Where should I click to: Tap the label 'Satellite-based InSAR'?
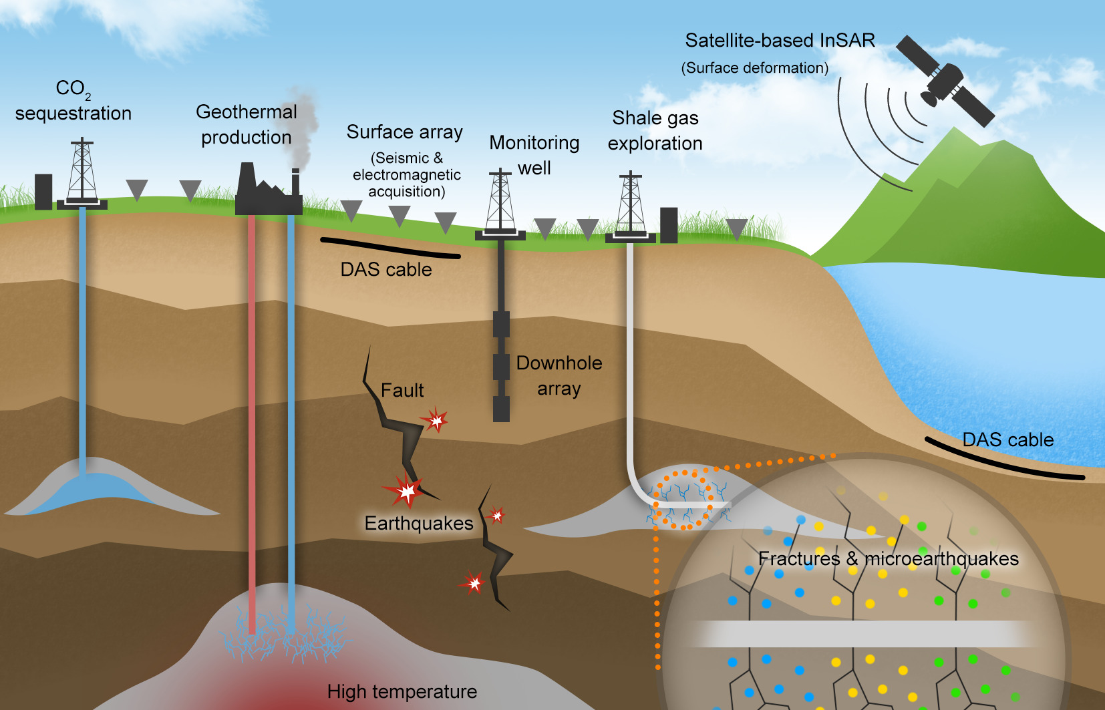(x=780, y=41)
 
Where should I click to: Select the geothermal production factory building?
(x=267, y=194)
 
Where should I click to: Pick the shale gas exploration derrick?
(x=630, y=204)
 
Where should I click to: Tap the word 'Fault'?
(x=402, y=390)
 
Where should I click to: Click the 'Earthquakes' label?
(x=419, y=523)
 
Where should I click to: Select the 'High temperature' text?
(x=402, y=691)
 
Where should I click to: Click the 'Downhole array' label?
(x=559, y=375)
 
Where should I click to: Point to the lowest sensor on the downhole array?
(x=501, y=409)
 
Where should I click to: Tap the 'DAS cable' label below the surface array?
(x=386, y=270)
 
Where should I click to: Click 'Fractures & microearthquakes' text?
(x=889, y=558)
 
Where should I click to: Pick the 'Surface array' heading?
(x=404, y=132)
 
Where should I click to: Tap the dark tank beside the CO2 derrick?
(x=43, y=191)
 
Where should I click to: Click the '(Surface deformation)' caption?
(x=755, y=68)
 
